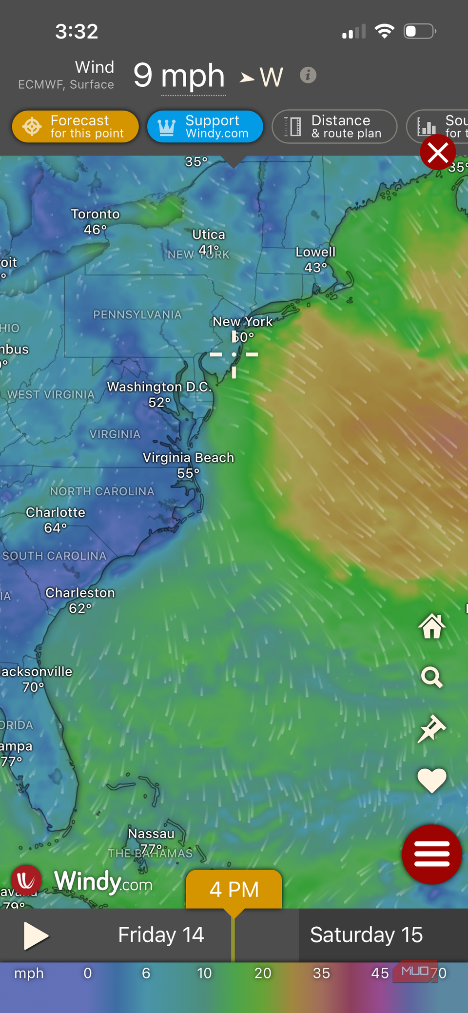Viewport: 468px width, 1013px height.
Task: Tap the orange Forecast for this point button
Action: coord(76,127)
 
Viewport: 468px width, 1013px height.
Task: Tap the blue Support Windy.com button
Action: coord(205,127)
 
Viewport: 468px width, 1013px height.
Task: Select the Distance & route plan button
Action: coord(334,127)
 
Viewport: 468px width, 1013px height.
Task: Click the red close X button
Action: coord(437,153)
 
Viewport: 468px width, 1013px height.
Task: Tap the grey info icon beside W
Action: coord(308,76)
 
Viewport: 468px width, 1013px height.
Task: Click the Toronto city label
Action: coord(95,214)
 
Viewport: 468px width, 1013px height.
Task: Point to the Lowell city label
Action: coord(315,253)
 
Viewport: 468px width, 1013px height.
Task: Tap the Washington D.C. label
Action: coord(159,387)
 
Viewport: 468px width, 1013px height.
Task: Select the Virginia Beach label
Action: coord(188,458)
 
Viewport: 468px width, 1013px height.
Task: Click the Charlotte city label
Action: coord(56,513)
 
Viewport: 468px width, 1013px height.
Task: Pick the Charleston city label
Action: coord(80,593)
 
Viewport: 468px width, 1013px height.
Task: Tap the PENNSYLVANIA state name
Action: coord(137,315)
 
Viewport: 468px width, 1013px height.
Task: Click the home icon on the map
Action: coord(432,626)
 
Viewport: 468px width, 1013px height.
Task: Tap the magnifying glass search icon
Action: coord(432,677)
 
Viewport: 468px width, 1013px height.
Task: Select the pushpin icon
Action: coord(432,728)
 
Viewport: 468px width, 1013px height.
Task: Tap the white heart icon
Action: coord(432,779)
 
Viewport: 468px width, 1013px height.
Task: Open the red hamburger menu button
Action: coord(432,854)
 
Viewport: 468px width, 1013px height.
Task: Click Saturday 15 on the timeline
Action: coord(366,935)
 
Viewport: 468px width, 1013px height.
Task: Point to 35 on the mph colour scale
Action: coord(321,974)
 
